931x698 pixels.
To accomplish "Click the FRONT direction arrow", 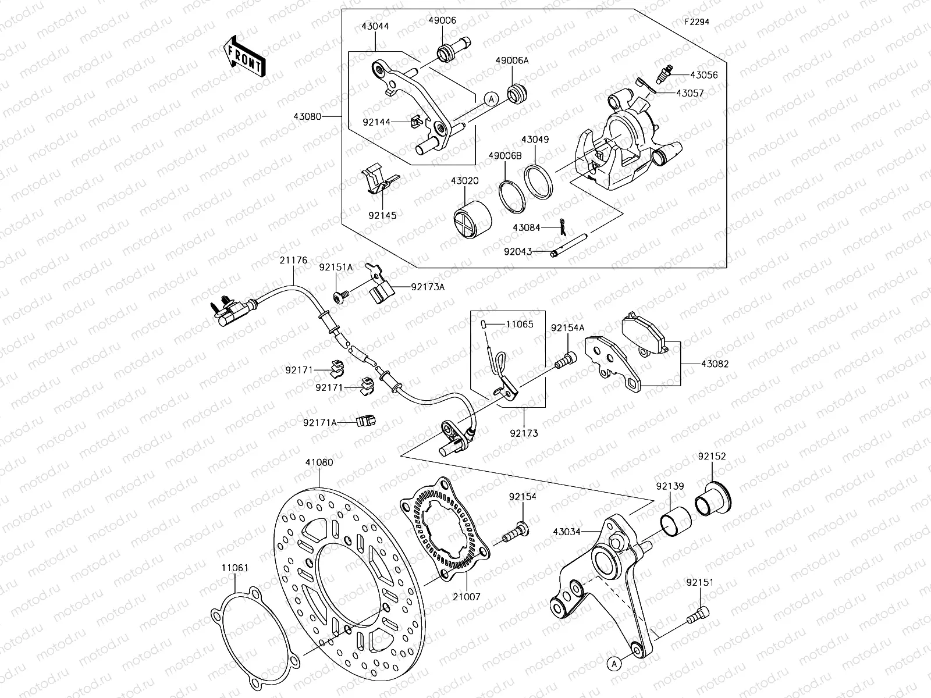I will [244, 56].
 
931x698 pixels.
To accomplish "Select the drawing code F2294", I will [697, 22].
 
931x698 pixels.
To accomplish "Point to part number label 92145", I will [382, 215].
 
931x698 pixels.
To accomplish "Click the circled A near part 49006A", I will [491, 99].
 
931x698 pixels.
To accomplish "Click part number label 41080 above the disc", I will [319, 462].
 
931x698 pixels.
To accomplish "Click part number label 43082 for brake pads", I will [715, 364].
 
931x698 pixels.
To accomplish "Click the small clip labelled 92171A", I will [366, 420].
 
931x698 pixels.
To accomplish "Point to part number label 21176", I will [293, 261].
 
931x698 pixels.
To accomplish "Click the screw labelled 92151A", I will [341, 297].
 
